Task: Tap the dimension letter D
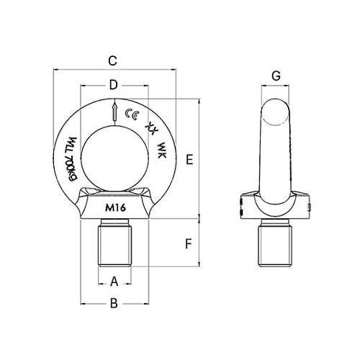[x=113, y=85]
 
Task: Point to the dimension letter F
[x=188, y=243]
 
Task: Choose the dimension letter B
[x=113, y=305]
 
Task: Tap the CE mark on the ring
[x=132, y=113]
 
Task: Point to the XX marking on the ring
[x=151, y=127]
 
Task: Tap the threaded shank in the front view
[x=114, y=246]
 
